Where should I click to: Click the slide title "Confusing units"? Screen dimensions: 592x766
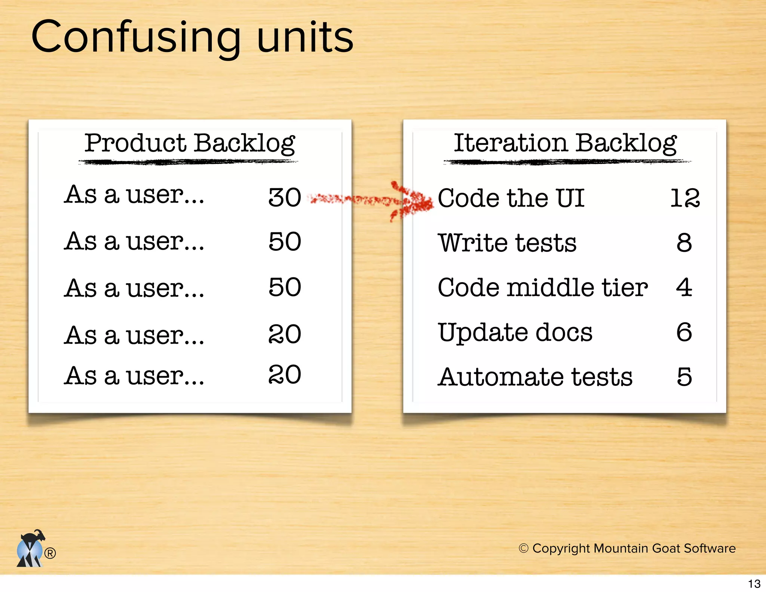pos(192,37)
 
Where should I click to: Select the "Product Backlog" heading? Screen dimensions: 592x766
pos(190,143)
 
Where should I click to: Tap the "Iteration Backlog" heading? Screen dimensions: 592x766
pos(565,143)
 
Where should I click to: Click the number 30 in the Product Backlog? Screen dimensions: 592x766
pos(285,197)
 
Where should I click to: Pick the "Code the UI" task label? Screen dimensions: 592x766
pos(511,198)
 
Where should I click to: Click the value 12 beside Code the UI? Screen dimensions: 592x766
pos(684,198)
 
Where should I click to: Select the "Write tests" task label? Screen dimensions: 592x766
pos(507,243)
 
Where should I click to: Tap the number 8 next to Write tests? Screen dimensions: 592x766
pos(684,243)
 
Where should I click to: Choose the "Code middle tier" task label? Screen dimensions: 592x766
pos(542,287)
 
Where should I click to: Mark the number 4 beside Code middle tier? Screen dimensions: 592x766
pos(684,287)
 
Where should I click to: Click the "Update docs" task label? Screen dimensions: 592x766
pos(515,332)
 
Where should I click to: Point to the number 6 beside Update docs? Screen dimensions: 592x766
pos(684,332)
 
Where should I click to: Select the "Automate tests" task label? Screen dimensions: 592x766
pos(535,377)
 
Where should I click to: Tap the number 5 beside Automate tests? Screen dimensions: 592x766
pos(684,377)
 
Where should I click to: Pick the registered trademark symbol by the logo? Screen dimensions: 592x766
pos(50,553)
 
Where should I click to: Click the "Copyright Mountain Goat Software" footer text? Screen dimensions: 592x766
pos(627,548)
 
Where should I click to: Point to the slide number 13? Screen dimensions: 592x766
pos(754,584)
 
